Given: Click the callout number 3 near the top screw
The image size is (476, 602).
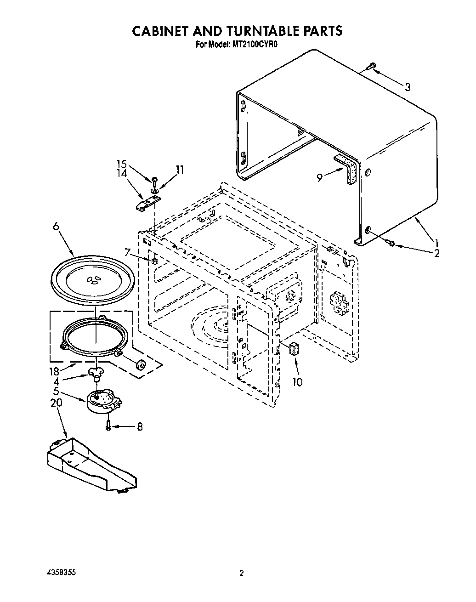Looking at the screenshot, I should (x=407, y=87).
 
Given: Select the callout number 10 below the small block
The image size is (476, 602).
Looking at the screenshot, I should (x=298, y=382).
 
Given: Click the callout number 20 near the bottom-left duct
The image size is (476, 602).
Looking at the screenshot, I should (x=56, y=403).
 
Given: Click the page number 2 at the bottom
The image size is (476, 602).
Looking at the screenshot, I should (x=241, y=574).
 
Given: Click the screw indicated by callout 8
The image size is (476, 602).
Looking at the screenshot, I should (x=108, y=426).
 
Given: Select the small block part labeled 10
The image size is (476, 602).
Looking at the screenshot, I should (x=295, y=349).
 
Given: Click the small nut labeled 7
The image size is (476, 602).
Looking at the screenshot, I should (x=155, y=261).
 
